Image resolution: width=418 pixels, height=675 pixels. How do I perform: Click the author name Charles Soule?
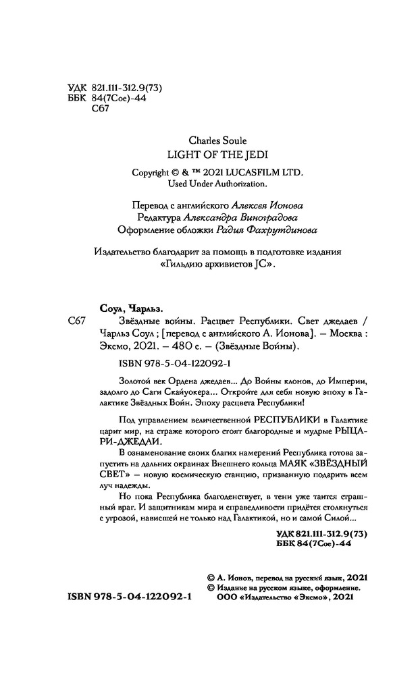pos(209,141)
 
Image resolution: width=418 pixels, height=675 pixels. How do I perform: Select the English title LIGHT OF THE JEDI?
pos(209,154)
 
